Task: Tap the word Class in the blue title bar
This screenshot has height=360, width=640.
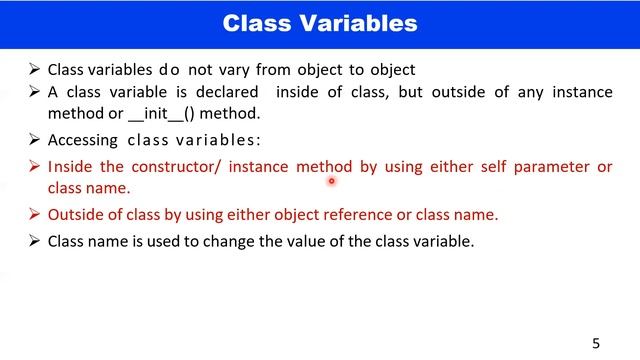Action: pos(256,22)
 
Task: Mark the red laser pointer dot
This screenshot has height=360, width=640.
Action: pos(331,182)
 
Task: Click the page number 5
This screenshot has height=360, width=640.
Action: pos(596,343)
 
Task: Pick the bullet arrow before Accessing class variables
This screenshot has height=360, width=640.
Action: pos(35,141)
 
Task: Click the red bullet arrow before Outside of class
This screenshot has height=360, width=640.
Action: pos(35,214)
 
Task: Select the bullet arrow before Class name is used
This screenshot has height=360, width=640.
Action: pos(35,241)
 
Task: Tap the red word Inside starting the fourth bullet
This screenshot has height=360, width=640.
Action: pos(70,167)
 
